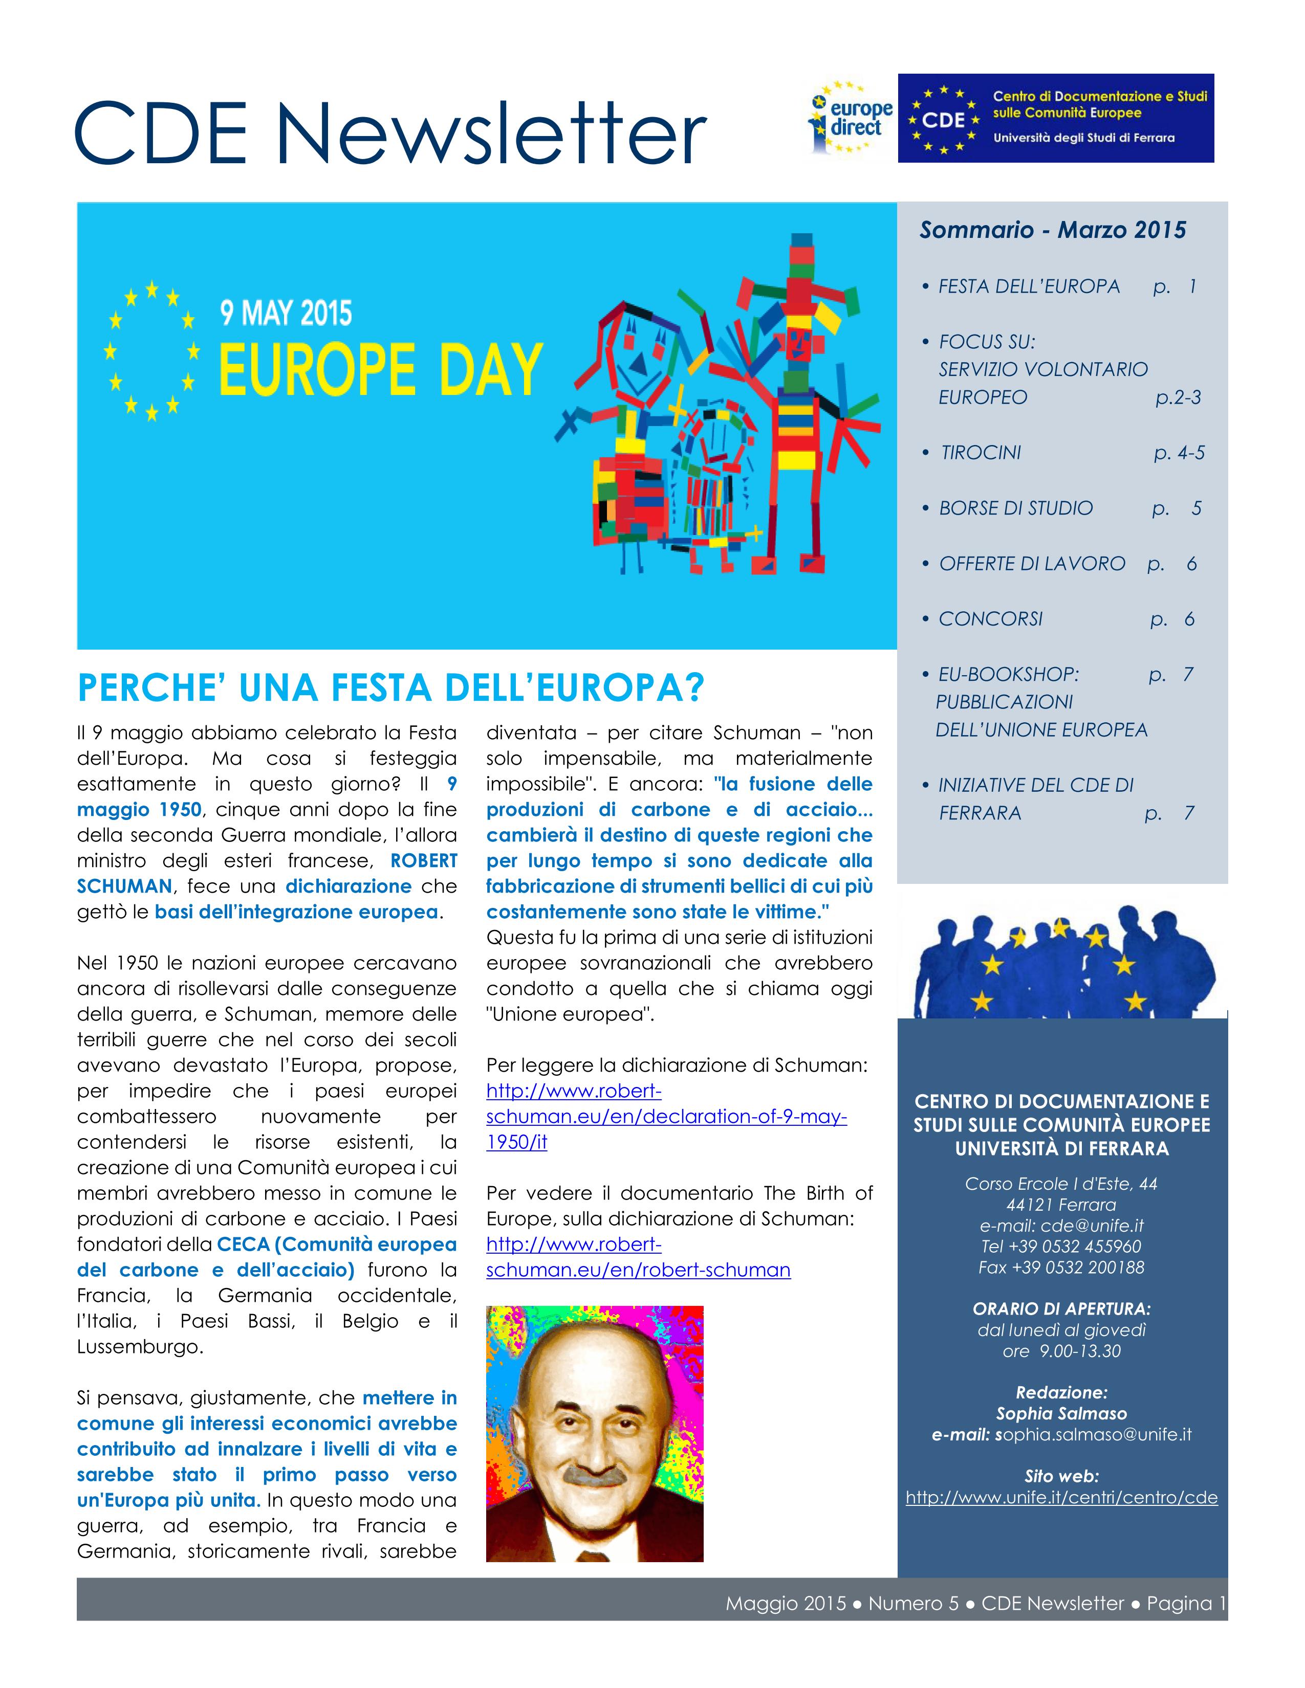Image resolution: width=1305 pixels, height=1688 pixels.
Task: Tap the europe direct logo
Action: click(x=851, y=118)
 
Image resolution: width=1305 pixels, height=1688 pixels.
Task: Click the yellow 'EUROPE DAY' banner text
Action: click(x=380, y=370)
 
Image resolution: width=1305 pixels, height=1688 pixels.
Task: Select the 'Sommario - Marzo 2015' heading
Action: click(x=1052, y=230)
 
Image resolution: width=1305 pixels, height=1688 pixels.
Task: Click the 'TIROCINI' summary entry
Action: click(x=981, y=453)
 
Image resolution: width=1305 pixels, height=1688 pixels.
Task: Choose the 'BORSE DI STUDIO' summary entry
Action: click(x=1015, y=508)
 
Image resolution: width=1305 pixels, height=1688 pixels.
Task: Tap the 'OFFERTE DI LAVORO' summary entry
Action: click(x=1031, y=564)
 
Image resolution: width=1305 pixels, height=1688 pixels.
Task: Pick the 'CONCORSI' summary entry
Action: click(x=990, y=619)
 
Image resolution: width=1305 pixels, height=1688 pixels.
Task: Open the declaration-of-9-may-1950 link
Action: click(x=666, y=1117)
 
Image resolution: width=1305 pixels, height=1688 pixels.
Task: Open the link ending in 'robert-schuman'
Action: click(x=638, y=1270)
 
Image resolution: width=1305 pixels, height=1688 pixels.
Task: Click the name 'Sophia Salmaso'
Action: click(x=1061, y=1414)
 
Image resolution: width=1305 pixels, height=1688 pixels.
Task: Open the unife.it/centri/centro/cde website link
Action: click(x=1061, y=1497)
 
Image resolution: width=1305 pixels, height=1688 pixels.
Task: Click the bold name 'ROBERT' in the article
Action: click(x=424, y=861)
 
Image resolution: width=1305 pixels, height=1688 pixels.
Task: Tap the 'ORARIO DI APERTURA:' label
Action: click(x=1061, y=1309)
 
